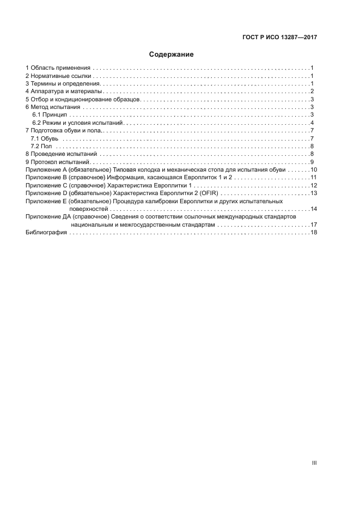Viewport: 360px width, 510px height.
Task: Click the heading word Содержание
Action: [x=172, y=54]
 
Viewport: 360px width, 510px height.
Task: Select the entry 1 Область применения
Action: [x=58, y=68]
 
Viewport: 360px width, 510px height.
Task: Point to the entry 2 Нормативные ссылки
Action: [x=58, y=76]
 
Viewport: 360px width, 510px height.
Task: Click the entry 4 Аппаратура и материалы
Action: [x=63, y=92]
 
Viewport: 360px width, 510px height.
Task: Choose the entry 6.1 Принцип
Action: [x=50, y=115]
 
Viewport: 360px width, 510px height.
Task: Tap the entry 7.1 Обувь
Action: [x=45, y=138]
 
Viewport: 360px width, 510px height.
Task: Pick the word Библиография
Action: [x=46, y=233]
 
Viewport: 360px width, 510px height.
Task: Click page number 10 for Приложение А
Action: [x=314, y=170]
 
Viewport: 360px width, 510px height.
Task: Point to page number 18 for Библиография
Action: [x=314, y=233]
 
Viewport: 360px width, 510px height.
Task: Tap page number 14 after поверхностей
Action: [x=314, y=209]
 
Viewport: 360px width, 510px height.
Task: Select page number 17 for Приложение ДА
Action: [x=314, y=224]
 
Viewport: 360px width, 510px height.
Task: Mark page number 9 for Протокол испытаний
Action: [x=312, y=162]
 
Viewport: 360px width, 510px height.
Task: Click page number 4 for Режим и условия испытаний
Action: [x=312, y=123]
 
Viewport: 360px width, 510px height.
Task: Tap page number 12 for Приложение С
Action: [x=314, y=186]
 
